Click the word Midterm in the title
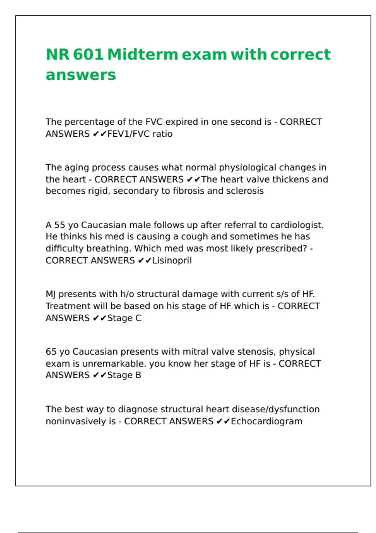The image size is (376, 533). pyautogui.click(x=143, y=54)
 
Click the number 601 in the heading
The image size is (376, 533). pyautogui.click(x=88, y=54)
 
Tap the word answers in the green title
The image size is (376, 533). pyautogui.click(x=81, y=75)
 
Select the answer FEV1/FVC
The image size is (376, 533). pyautogui.click(x=128, y=134)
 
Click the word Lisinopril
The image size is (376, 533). pyautogui.click(x=172, y=261)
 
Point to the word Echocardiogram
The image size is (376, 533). pyautogui.click(x=267, y=421)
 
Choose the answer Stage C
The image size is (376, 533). pyautogui.click(x=124, y=318)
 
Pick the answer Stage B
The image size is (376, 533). pyautogui.click(x=124, y=375)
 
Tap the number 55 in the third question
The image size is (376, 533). pyautogui.click(x=60, y=225)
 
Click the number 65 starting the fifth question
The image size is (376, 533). pyautogui.click(x=51, y=352)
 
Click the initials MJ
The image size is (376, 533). pyautogui.click(x=51, y=294)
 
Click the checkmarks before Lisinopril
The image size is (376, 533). pyautogui.click(x=144, y=261)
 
